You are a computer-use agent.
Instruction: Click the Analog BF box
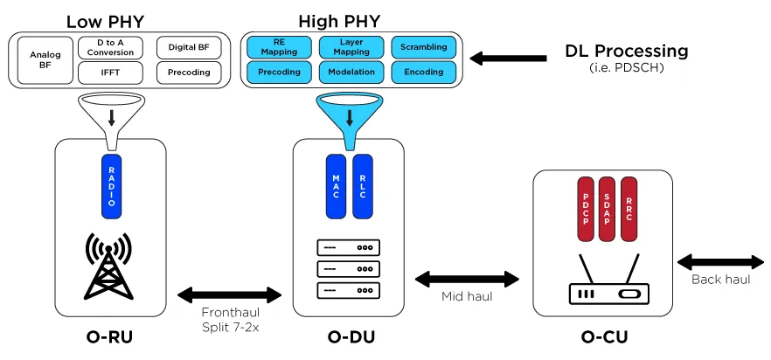(x=45, y=60)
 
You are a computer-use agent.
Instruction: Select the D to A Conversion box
(x=110, y=46)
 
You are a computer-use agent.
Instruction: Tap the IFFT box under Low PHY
(x=110, y=73)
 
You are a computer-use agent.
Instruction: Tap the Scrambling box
(x=423, y=46)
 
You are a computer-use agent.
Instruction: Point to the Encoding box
(x=423, y=72)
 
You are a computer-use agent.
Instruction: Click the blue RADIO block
(x=111, y=184)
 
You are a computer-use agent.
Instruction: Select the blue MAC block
(x=337, y=185)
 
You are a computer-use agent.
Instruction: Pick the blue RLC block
(x=363, y=185)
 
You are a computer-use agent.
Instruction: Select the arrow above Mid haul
(x=467, y=280)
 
